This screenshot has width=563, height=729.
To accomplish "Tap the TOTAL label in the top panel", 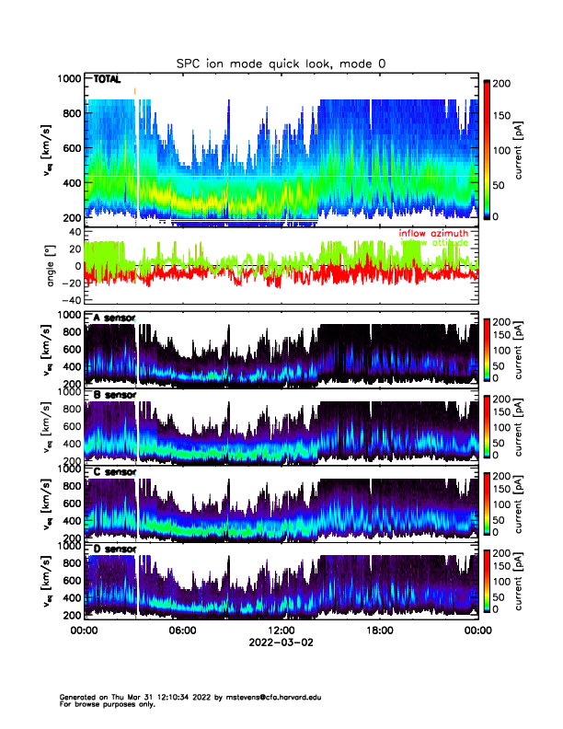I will (x=108, y=81).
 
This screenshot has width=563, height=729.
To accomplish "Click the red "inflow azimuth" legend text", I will (x=433, y=234).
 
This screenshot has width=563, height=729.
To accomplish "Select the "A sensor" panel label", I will (x=114, y=318).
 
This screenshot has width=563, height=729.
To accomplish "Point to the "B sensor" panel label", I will (x=114, y=395).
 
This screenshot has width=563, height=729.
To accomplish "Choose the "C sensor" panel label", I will (x=114, y=472).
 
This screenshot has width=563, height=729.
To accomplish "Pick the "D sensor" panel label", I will (x=114, y=550).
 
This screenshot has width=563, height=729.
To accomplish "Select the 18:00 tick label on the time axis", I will (x=379, y=631).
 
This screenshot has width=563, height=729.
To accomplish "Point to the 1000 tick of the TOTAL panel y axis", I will (x=68, y=79).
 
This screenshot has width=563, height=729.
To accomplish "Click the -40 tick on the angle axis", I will (x=72, y=300).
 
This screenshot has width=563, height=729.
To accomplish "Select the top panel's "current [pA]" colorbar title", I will (x=521, y=147).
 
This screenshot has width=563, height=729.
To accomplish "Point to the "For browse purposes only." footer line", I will (x=102, y=704).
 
